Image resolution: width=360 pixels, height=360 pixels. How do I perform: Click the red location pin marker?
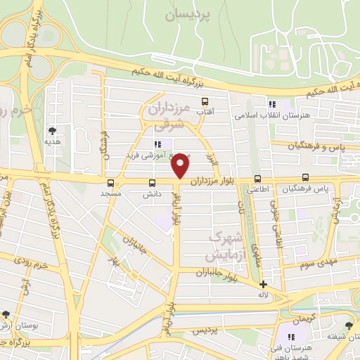coord(181,165)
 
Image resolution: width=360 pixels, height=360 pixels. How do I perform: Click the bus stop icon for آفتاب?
coord(205,101)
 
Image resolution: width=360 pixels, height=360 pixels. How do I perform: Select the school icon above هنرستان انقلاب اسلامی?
coord(272,104)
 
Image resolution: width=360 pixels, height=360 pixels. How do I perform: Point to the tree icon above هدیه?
coord(52,130)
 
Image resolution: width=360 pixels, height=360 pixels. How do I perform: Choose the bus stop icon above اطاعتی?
coord(257,179)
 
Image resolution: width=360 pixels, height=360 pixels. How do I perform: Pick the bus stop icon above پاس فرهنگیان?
coord(306,179)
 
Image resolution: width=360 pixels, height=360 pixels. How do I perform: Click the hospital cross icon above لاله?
coord(263,285)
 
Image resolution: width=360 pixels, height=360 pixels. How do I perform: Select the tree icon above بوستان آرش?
coord(6,315)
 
